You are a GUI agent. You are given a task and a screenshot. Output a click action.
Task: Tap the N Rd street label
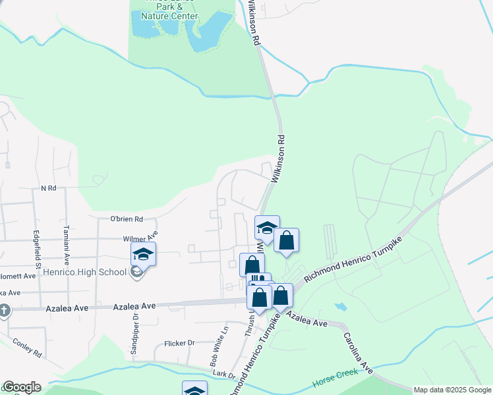click(x=49, y=188)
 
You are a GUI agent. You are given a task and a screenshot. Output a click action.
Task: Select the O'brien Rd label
click(x=127, y=219)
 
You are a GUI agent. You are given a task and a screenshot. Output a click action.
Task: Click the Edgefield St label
click(x=38, y=243)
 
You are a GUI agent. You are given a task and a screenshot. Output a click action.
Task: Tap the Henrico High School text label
click(x=86, y=272)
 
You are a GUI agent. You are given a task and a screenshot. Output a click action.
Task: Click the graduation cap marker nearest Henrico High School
click(x=144, y=253)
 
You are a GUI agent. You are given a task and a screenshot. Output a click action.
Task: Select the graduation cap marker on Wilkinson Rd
click(x=267, y=228)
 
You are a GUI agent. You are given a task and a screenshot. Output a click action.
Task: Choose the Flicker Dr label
click(x=182, y=343)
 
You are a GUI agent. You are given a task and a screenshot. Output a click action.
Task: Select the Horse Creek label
click(x=335, y=377)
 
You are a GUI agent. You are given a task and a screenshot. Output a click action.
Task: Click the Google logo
click(x=21, y=387)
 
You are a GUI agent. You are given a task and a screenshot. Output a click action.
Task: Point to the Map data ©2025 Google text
click(x=452, y=390)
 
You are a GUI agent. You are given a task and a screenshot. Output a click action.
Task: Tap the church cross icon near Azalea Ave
click(x=5, y=309)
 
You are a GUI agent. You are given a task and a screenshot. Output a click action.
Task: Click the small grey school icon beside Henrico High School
click(x=136, y=271)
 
